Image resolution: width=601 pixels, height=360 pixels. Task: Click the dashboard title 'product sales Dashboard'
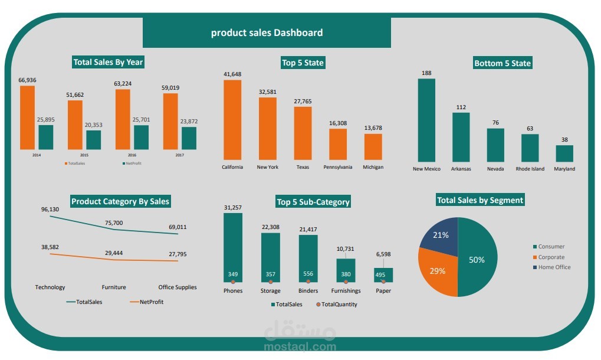tap(267, 32)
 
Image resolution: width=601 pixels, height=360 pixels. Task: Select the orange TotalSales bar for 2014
tap(27, 117)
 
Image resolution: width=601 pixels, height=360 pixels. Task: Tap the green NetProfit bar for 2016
tap(141, 137)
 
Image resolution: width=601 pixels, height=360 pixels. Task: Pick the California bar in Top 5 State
tap(232, 120)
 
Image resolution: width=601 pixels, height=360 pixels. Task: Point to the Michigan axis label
tap(373, 167)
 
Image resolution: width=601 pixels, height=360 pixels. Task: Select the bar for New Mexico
tap(426, 120)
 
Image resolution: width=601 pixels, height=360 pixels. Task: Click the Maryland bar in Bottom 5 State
tap(564, 153)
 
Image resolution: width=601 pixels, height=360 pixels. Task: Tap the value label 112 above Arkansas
tap(461, 107)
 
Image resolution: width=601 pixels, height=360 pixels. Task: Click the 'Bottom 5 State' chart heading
tap(503, 63)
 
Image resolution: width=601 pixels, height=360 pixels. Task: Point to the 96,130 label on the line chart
tap(50, 210)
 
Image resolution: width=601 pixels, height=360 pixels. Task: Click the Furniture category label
tap(113, 287)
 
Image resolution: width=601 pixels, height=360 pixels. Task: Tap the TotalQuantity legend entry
tap(336, 305)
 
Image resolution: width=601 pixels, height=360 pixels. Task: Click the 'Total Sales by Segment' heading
tap(480, 200)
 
